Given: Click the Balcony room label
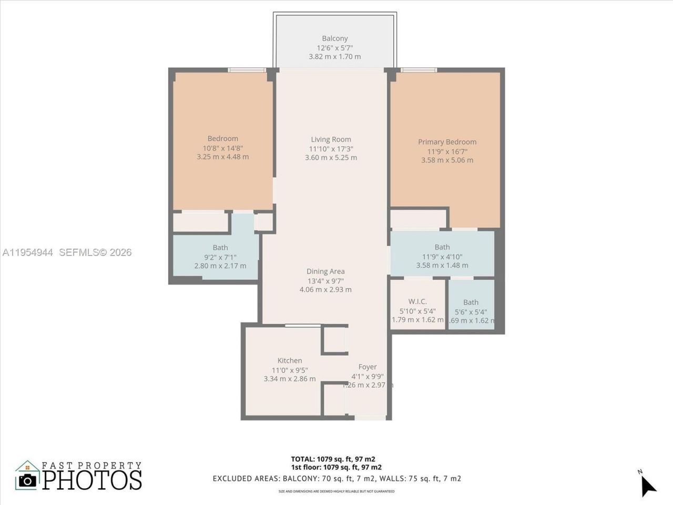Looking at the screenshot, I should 335,38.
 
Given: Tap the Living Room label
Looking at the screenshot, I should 331,139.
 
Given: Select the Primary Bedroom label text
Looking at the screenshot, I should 447,142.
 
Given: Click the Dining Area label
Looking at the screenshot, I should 325,271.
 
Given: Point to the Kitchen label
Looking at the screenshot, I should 290,361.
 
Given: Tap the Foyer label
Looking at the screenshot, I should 368,367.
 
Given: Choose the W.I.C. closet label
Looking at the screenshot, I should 417,301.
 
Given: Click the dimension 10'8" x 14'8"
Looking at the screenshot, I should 222,148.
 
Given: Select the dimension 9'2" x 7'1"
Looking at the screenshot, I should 220,257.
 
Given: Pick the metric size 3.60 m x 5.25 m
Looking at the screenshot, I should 331,158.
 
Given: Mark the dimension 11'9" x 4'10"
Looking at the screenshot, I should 442,257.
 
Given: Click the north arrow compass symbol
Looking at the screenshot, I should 648,485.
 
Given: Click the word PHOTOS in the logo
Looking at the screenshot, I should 92,480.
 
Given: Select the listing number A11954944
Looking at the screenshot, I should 28,252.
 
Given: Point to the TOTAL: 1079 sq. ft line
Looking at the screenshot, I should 333,459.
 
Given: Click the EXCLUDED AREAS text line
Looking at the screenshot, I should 336,479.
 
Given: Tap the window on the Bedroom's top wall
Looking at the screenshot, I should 247,70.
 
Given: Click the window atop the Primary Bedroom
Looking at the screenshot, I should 419,70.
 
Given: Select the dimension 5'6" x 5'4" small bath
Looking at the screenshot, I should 471,311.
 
